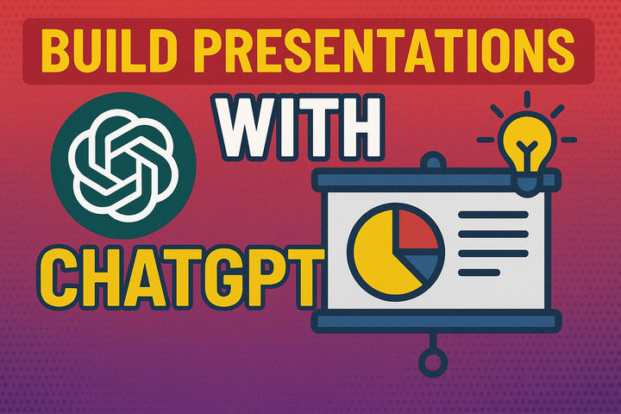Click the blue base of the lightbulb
tap(529, 178)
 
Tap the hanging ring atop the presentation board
tap(435, 161)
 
